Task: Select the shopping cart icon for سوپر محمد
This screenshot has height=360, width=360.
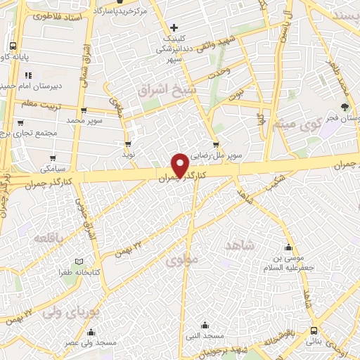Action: (84, 110)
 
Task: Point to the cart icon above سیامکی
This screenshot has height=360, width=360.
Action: (53, 157)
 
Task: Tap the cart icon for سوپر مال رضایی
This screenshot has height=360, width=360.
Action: (216, 144)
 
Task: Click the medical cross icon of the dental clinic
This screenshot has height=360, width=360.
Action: (174, 27)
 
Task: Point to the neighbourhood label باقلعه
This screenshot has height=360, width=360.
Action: (49, 238)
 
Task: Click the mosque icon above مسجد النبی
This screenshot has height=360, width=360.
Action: (205, 325)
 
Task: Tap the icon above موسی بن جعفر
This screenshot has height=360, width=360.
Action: (288, 247)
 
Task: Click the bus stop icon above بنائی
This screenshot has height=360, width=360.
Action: (313, 330)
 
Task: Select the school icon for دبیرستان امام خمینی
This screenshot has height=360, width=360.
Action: (27, 76)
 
